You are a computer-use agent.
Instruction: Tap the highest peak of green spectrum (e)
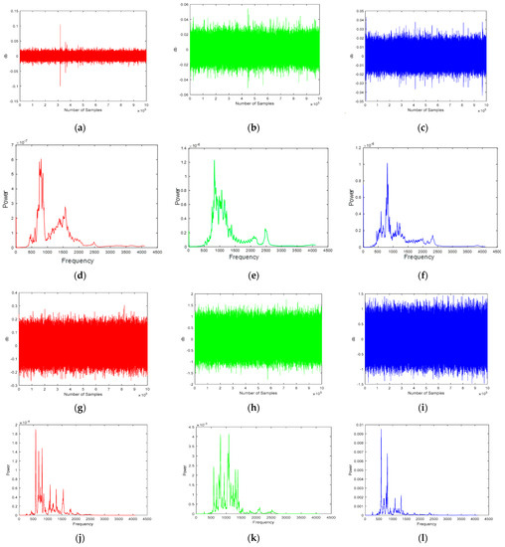tap(214, 160)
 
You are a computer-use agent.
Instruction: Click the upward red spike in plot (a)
tap(61, 26)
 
